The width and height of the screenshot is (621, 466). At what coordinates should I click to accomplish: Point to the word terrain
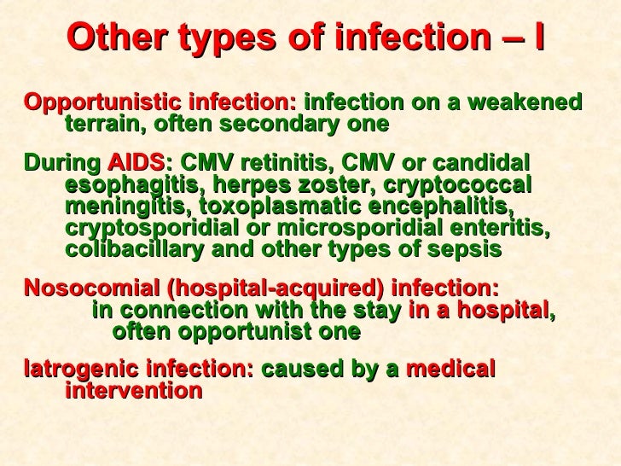click(100, 125)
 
